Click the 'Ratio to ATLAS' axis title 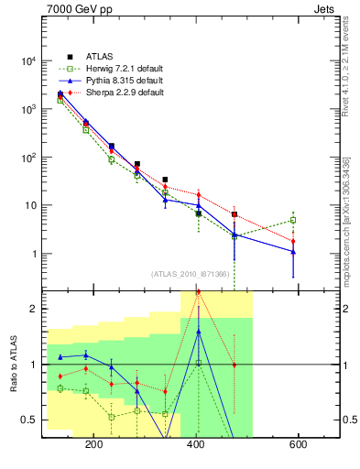12,363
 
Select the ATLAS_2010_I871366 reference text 191,274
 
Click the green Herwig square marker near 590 293,220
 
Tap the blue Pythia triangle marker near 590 293,252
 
